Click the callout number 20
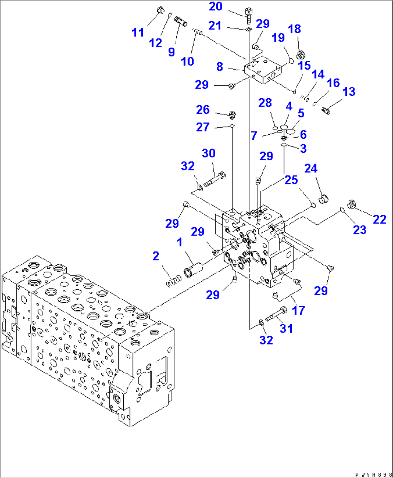(216, 6)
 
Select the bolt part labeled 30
(215, 179)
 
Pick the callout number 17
(298, 310)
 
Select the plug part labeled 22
(351, 205)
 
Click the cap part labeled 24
(324, 198)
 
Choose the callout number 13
(349, 91)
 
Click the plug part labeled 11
(160, 10)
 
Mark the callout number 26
(203, 110)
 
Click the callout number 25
(291, 180)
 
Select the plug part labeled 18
(301, 55)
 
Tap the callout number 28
(265, 103)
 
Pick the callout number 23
(359, 229)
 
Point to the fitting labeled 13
(326, 110)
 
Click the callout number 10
(187, 61)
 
